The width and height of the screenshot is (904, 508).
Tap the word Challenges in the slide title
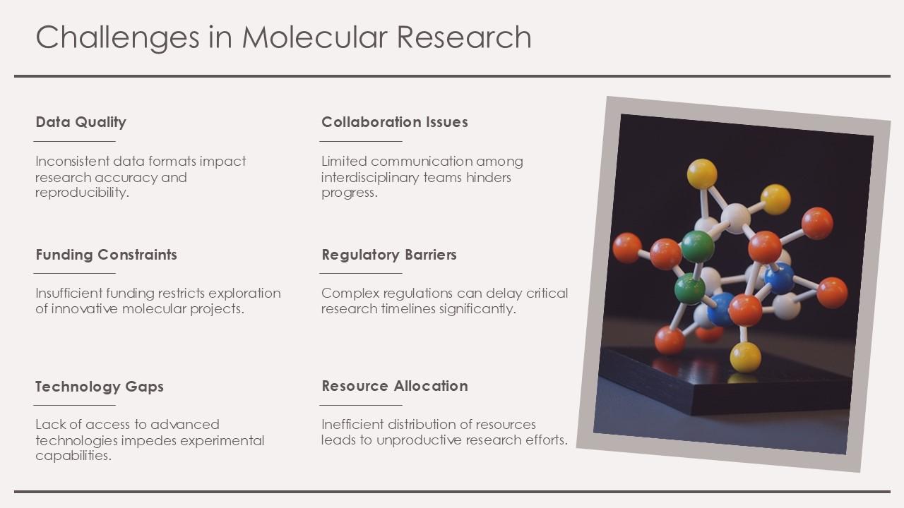(x=117, y=37)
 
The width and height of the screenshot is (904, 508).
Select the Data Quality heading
(x=81, y=122)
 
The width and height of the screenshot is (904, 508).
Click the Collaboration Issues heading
(x=394, y=122)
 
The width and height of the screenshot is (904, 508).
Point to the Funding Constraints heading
(x=106, y=255)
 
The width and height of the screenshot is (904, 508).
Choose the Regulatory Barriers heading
(x=388, y=255)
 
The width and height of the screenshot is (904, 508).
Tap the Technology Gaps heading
(x=99, y=387)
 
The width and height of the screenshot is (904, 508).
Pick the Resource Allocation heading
(x=394, y=386)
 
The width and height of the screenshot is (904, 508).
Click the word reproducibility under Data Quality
(x=82, y=193)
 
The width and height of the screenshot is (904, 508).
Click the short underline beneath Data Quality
(x=74, y=141)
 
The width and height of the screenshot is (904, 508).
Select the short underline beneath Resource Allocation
(x=360, y=405)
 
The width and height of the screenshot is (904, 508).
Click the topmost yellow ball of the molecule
(x=701, y=174)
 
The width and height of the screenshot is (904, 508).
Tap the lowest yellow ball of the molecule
(x=745, y=356)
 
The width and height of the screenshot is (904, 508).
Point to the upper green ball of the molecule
(x=697, y=246)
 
